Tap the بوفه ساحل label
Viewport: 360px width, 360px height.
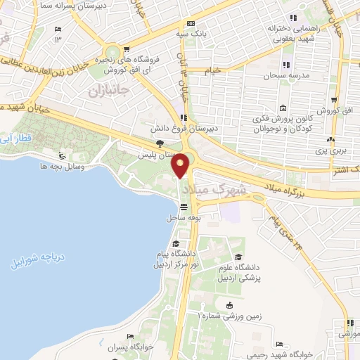click(184, 219)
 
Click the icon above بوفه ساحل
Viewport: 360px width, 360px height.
click(184, 207)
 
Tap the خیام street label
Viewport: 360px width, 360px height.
click(214, 70)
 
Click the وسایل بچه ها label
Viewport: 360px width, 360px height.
click(63, 166)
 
